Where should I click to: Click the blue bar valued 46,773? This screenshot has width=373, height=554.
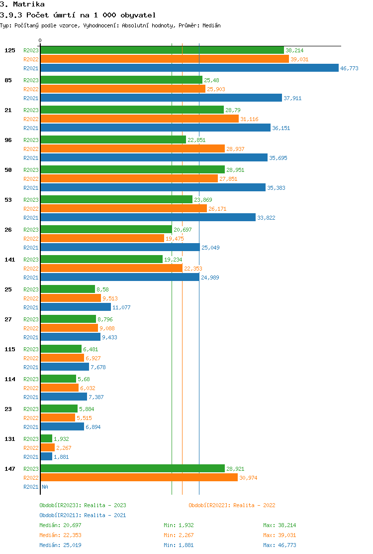coord(189,68)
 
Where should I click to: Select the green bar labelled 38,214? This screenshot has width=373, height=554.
coord(162,50)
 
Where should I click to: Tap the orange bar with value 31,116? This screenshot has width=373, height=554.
coord(139,119)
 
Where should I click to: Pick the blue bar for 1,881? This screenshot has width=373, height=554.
coord(46,457)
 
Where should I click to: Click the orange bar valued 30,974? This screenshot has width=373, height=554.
coord(139,478)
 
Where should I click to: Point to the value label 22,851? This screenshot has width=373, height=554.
coord(196,140)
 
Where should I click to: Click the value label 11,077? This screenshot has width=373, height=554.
coord(121,307)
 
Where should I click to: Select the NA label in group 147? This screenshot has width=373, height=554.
coord(45,487)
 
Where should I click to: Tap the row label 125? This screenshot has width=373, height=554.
coord(10,50)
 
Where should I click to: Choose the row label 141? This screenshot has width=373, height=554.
coord(10,260)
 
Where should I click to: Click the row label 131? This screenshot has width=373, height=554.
coord(10,439)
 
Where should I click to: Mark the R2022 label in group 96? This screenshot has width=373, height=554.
coord(31,149)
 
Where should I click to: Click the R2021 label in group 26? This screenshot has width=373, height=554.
coord(31,248)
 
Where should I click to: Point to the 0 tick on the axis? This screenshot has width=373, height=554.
coord(40,41)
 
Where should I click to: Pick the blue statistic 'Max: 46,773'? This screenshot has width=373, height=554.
coord(280,545)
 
